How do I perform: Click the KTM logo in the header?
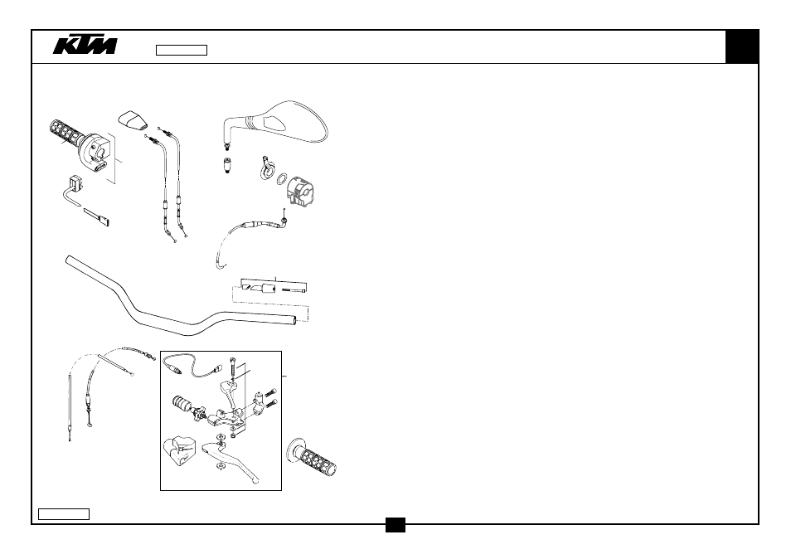[x=85, y=45]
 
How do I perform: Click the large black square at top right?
[x=741, y=46]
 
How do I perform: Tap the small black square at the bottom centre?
[x=395, y=525]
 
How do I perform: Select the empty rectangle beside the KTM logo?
[x=182, y=50]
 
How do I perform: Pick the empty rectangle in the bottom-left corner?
[x=64, y=514]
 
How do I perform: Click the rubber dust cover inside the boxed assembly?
[x=178, y=451]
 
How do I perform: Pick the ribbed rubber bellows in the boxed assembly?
[x=182, y=403]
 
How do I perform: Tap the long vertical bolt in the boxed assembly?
[x=232, y=366]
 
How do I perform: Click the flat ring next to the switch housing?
[x=283, y=178]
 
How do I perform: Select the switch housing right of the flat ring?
[x=303, y=192]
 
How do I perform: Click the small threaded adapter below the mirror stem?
[x=227, y=165]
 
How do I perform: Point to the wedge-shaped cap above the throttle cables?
[x=133, y=120]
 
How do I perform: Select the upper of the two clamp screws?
[x=271, y=392]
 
